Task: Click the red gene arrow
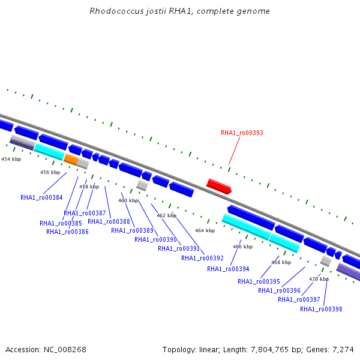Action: click(x=219, y=186)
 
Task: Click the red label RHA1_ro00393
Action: click(x=242, y=133)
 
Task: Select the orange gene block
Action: click(x=71, y=159)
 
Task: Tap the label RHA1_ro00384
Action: click(x=41, y=197)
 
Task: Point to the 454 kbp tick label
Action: click(x=11, y=159)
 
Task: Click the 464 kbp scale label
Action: click(x=205, y=230)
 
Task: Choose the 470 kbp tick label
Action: click(x=319, y=279)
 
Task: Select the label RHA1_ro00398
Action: click(x=321, y=309)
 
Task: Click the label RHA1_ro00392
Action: click(x=202, y=258)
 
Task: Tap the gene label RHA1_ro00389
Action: click(x=132, y=230)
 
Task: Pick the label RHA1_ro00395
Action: click(x=259, y=281)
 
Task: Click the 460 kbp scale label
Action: click(x=128, y=200)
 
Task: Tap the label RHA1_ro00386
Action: click(x=67, y=232)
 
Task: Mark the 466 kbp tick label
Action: click(x=242, y=247)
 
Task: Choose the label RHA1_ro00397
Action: click(x=299, y=299)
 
